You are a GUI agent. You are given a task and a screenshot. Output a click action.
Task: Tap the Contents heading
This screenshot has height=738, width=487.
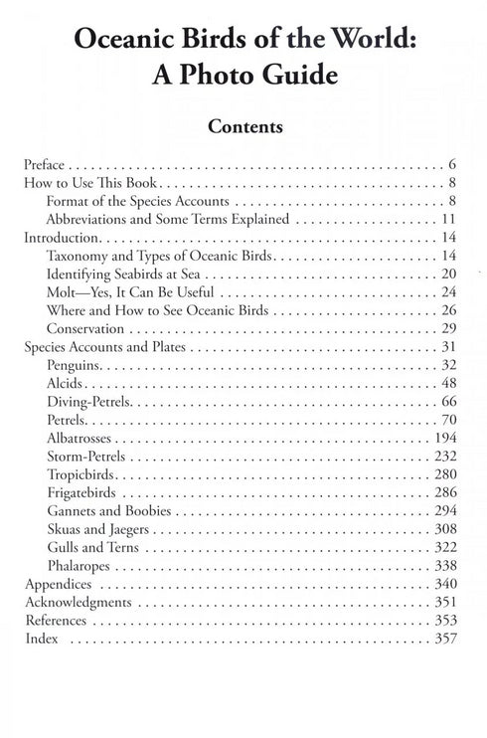[243, 127]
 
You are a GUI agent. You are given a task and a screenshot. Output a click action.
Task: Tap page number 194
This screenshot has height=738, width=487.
[444, 439]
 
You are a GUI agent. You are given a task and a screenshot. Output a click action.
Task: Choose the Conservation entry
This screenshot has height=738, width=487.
[86, 329]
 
